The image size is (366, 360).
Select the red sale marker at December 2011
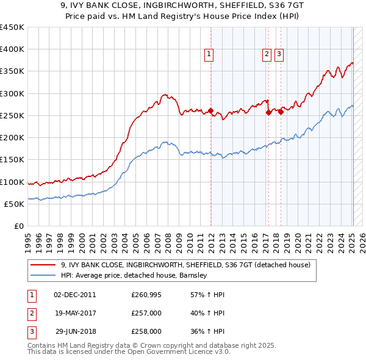(210, 111)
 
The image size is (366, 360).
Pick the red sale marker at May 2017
(269, 112)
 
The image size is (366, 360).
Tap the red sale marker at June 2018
(281, 111)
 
